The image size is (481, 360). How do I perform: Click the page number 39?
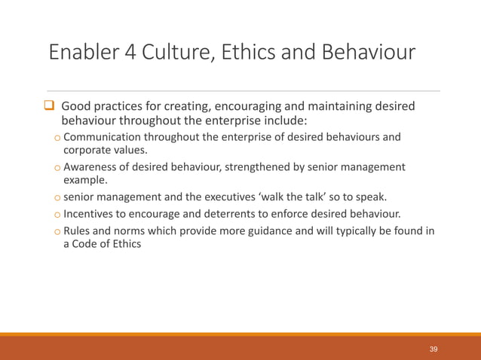[x=434, y=349]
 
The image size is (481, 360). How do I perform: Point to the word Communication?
[x=103, y=136]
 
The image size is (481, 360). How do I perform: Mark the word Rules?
[x=78, y=231]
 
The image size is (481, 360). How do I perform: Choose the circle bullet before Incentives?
[x=57, y=214]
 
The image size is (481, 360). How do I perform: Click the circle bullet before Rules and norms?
[x=57, y=232]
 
